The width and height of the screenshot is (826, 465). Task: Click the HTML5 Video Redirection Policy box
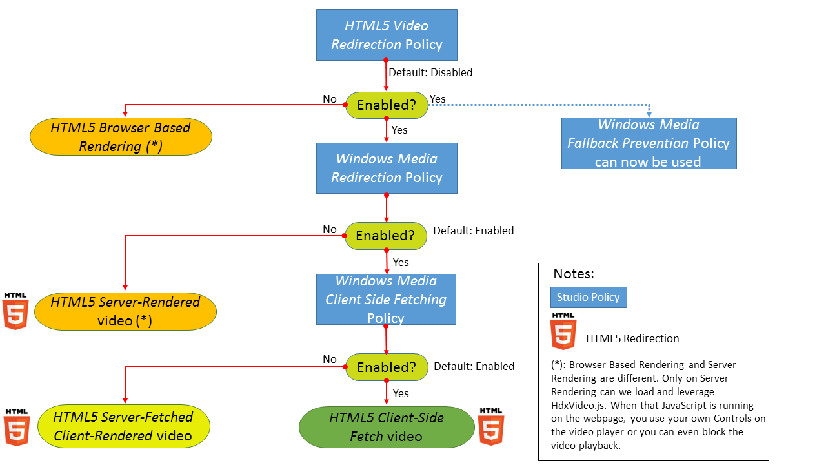(387, 35)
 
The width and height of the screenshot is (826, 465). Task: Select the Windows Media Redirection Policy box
(387, 168)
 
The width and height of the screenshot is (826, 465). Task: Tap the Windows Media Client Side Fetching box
(386, 299)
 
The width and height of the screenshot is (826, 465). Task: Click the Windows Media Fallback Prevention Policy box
(649, 143)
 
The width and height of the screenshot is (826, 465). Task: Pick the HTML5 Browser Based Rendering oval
(120, 136)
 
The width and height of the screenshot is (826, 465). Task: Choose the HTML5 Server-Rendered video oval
(125, 311)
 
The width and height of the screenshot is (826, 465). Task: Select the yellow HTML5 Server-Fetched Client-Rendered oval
(123, 426)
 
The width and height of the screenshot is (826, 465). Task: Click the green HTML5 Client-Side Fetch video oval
(386, 427)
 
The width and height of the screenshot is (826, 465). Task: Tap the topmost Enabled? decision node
(386, 105)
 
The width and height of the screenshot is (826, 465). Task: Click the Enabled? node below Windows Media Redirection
(385, 236)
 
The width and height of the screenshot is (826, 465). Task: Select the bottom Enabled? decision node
(386, 367)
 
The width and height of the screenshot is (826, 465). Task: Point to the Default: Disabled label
(430, 72)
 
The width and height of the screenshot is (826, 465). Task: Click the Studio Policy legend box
(588, 297)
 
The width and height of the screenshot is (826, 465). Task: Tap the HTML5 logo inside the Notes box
(563, 331)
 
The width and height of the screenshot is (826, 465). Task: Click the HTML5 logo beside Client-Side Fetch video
(490, 426)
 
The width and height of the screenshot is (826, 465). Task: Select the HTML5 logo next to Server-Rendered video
(15, 311)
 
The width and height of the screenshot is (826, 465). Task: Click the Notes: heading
(573, 274)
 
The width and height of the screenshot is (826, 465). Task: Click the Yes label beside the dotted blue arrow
(438, 99)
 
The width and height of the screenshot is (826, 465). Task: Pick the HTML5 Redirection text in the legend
(632, 338)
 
